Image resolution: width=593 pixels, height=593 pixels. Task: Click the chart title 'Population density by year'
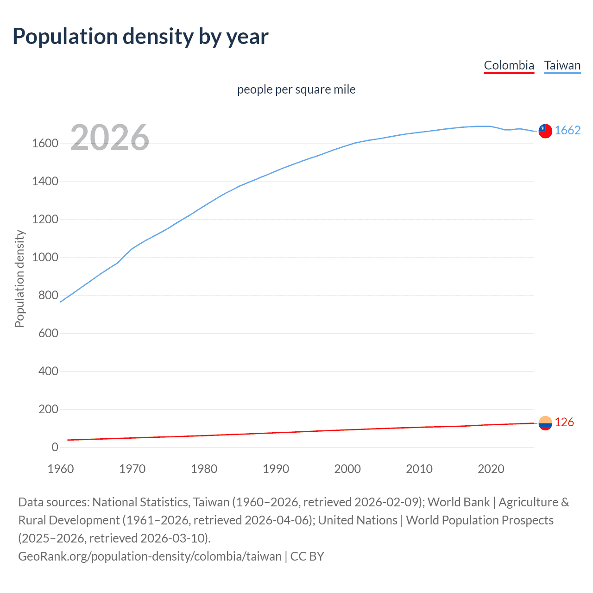[140, 37]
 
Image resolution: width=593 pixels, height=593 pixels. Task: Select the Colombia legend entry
[509, 65]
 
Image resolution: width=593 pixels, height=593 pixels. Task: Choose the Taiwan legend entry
[562, 65]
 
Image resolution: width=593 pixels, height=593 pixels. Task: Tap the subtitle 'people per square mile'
[296, 89]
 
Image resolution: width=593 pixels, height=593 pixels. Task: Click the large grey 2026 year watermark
[110, 138]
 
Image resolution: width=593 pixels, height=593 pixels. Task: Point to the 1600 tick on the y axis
[45, 144]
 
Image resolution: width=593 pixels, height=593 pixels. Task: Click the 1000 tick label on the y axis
[45, 258]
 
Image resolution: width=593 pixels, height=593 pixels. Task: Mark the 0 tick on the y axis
[55, 448]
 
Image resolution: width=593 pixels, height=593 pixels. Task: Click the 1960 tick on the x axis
[61, 469]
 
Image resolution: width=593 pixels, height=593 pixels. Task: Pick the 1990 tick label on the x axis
[276, 469]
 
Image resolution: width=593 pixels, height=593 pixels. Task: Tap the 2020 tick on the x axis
[491, 469]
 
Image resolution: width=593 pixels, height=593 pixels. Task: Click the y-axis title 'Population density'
[19, 279]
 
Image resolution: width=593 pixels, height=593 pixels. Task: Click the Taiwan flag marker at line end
[545, 131]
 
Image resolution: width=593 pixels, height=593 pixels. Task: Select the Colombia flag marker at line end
[545, 423]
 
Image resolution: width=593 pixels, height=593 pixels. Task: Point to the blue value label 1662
[568, 131]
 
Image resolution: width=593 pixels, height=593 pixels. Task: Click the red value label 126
[564, 423]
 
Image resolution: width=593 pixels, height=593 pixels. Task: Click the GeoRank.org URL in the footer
[150, 556]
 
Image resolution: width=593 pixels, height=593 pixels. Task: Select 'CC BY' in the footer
[307, 556]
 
